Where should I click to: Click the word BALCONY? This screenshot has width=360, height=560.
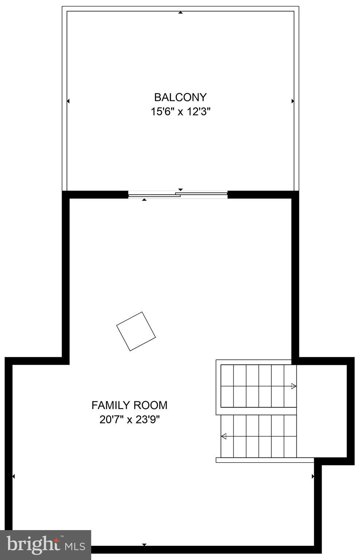pyautogui.click(x=180, y=97)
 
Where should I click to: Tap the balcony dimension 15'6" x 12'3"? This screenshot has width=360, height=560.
pyautogui.click(x=180, y=112)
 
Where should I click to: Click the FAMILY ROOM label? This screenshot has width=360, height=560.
pyautogui.click(x=129, y=405)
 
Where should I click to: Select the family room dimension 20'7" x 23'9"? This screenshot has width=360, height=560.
pyautogui.click(x=129, y=420)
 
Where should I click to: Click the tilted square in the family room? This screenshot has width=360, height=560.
pyautogui.click(x=136, y=331)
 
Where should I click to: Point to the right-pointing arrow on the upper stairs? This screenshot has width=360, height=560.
pyautogui.click(x=293, y=386)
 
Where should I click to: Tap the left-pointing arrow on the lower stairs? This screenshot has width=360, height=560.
pyautogui.click(x=224, y=436)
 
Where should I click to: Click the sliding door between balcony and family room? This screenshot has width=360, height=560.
pyautogui.click(x=178, y=195)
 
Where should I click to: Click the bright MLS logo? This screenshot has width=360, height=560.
pyautogui.click(x=46, y=545)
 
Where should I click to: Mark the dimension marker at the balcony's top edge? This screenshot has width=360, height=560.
pyautogui.click(x=180, y=13)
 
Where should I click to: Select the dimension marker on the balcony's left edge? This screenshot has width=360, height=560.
pyautogui.click(x=68, y=101)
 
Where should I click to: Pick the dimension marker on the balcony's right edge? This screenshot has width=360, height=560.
pyautogui.click(x=293, y=101)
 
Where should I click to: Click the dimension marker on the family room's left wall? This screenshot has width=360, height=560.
pyautogui.click(x=13, y=476)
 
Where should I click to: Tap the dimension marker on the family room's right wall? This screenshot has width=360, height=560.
pyautogui.click(x=313, y=476)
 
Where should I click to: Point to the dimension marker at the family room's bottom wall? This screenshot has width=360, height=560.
pyautogui.click(x=144, y=544)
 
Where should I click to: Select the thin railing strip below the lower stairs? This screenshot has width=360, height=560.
pyautogui.click(x=264, y=460)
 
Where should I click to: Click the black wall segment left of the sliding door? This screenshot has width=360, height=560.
pyautogui.click(x=97, y=194)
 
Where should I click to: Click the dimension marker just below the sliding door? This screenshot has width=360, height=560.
pyautogui.click(x=144, y=200)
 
